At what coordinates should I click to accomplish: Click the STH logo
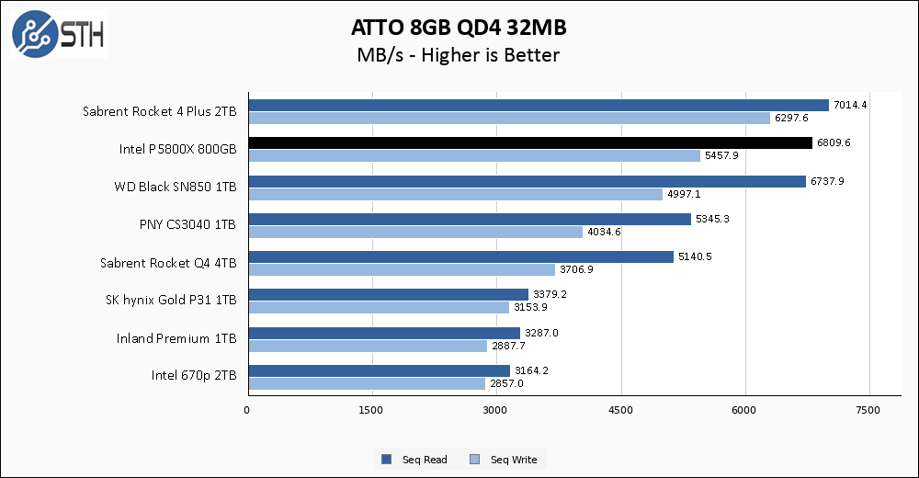[58, 34]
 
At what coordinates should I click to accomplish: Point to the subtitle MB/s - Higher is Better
[458, 55]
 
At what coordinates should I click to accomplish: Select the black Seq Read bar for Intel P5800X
[530, 143]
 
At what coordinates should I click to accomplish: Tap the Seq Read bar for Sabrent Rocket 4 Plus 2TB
[539, 105]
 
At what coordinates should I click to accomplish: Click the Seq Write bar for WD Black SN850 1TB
[455, 194]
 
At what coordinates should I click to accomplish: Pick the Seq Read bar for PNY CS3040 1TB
[469, 219]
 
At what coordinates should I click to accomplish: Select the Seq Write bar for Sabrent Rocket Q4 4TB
[402, 269]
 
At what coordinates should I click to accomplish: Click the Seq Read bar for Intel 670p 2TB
[379, 370]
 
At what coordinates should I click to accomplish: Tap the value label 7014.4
[850, 105]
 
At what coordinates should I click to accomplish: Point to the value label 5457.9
[721, 156]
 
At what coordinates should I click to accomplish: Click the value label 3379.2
[550, 295]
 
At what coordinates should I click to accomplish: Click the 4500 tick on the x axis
[621, 409]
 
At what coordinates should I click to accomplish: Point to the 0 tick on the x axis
[247, 409]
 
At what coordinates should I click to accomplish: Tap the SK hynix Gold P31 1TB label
[172, 301]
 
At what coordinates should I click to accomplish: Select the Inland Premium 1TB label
[176, 338]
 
